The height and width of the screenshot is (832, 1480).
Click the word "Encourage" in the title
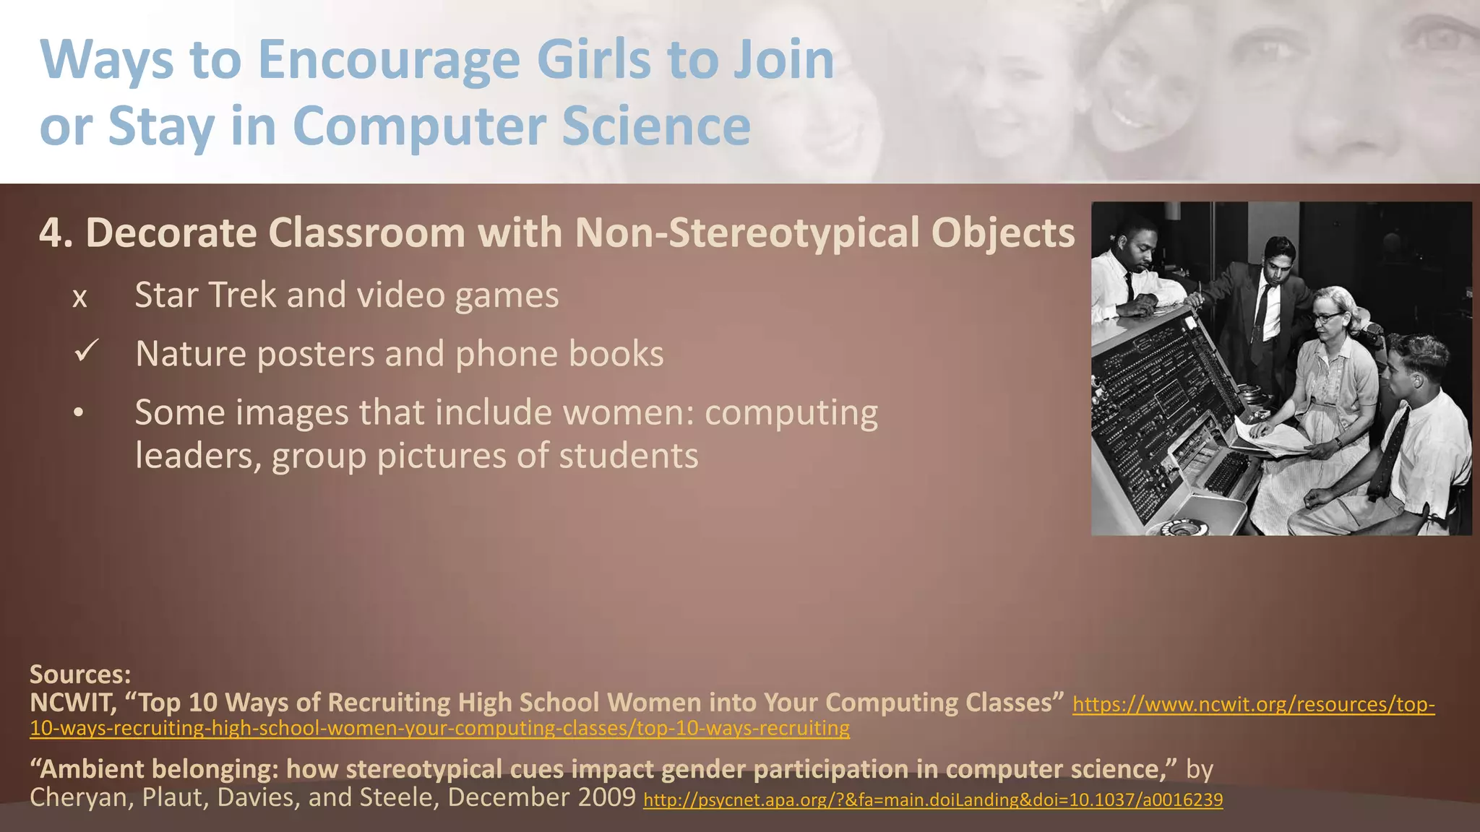point(389,60)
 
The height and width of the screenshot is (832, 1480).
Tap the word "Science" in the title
point(656,126)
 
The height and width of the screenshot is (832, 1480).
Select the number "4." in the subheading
point(56,233)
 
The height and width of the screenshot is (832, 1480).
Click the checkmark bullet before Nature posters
point(86,352)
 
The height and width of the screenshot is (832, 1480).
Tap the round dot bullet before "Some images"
point(79,414)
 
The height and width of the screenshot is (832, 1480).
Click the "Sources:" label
point(80,675)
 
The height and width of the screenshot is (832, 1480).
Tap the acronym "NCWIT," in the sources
point(72,703)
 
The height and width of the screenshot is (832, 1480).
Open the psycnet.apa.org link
point(932,800)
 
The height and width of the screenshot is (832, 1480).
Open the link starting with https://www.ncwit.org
point(1253,704)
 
